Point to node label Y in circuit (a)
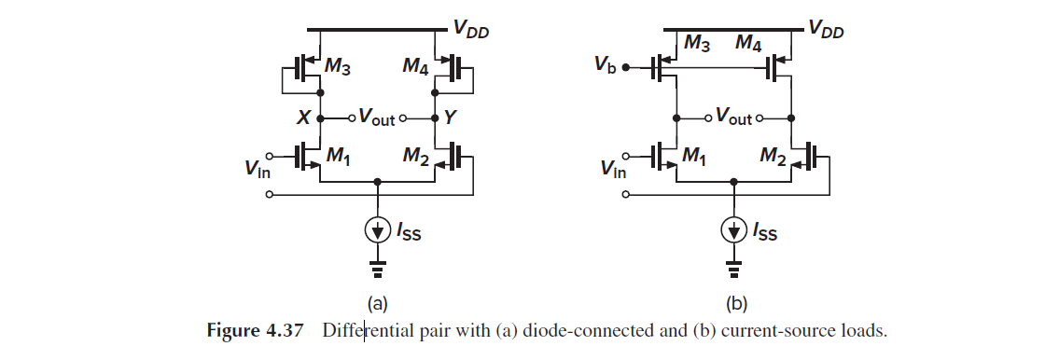tap(451, 118)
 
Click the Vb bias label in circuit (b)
tap(607, 67)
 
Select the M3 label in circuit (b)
tap(698, 43)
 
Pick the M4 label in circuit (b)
tap(749, 43)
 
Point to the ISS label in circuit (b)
tap(765, 232)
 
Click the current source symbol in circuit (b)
tap(734, 228)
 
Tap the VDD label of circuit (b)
tap(827, 30)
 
